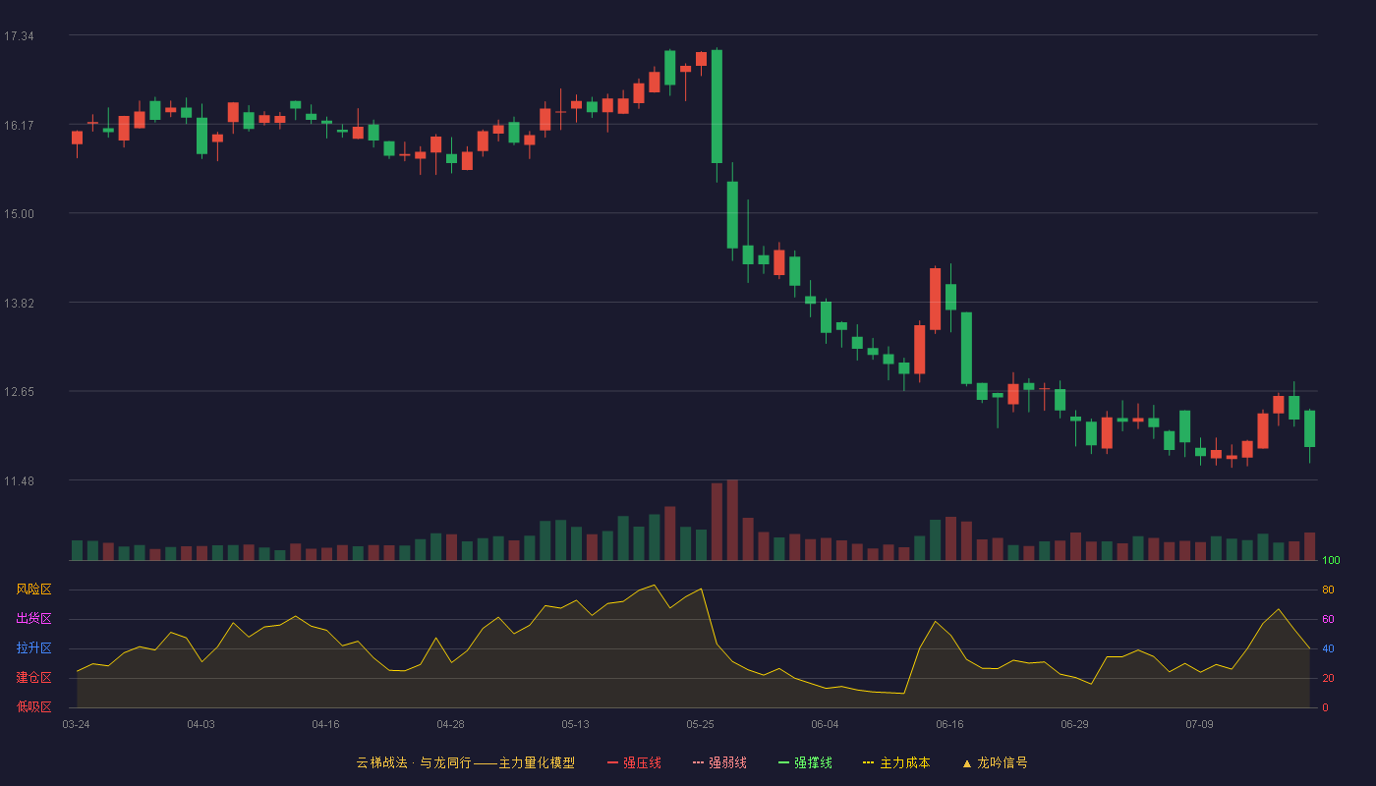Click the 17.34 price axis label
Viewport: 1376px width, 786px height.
coord(19,36)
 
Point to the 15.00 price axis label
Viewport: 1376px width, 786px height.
coord(19,214)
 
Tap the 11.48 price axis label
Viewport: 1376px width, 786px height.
coord(19,481)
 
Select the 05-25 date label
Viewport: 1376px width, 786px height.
coord(700,725)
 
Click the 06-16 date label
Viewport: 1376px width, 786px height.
coord(949,725)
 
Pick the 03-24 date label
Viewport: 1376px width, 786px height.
coord(77,725)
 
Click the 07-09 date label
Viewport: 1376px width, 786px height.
coord(1200,725)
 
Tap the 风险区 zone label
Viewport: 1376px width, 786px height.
coord(33,589)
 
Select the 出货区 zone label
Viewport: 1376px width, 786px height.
coord(33,618)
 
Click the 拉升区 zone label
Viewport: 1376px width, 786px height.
coord(33,647)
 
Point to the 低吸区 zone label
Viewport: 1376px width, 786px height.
coord(33,706)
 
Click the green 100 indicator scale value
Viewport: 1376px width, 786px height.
coord(1331,560)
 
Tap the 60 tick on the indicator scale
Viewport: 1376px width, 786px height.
coord(1328,619)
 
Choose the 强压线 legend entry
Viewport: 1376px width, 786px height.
coord(634,762)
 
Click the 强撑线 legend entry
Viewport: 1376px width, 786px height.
coord(805,762)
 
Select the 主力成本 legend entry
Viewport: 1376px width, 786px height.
coord(896,762)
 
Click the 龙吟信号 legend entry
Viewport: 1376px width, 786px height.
coord(995,762)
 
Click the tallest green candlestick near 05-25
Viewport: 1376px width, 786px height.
coord(717,114)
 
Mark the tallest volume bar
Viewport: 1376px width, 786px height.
coord(732,520)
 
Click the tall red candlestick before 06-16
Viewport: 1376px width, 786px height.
coord(935,300)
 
